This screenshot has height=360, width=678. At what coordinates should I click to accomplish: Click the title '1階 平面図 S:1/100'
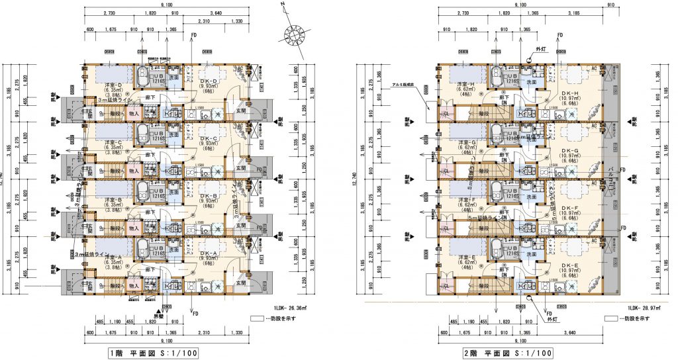pyautogui.click(x=152, y=353)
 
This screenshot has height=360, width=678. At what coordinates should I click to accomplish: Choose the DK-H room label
pyautogui.click(x=570, y=93)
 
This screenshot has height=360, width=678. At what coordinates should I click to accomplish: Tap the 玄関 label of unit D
pyautogui.click(x=241, y=111)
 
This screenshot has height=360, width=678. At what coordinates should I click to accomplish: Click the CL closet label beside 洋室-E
pyautogui.click(x=446, y=286)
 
